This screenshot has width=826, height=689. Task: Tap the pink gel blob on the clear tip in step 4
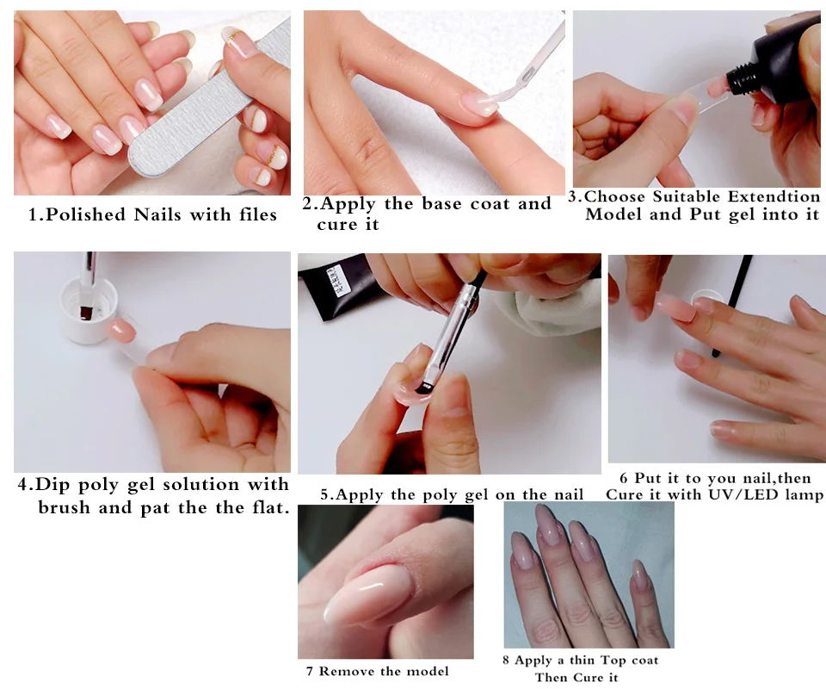click(121, 330)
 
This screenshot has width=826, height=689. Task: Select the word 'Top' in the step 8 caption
click(613, 661)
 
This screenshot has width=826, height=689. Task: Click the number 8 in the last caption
click(506, 661)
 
